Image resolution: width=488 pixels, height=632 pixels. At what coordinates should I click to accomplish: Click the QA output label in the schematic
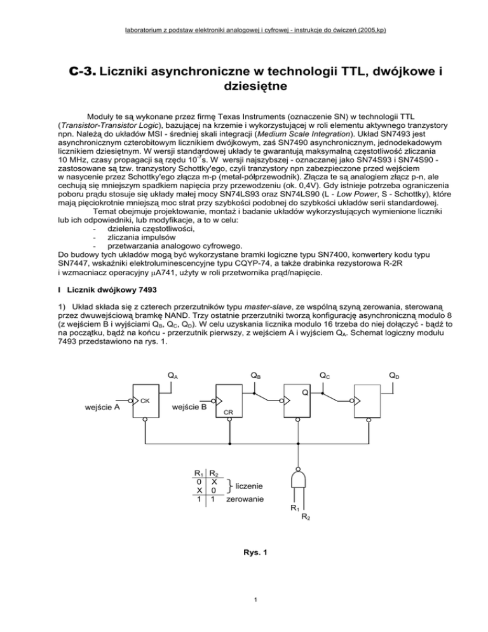172,375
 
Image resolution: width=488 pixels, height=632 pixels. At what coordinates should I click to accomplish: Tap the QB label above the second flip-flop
254,375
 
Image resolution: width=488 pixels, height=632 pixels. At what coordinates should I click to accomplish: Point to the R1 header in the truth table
199,471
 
